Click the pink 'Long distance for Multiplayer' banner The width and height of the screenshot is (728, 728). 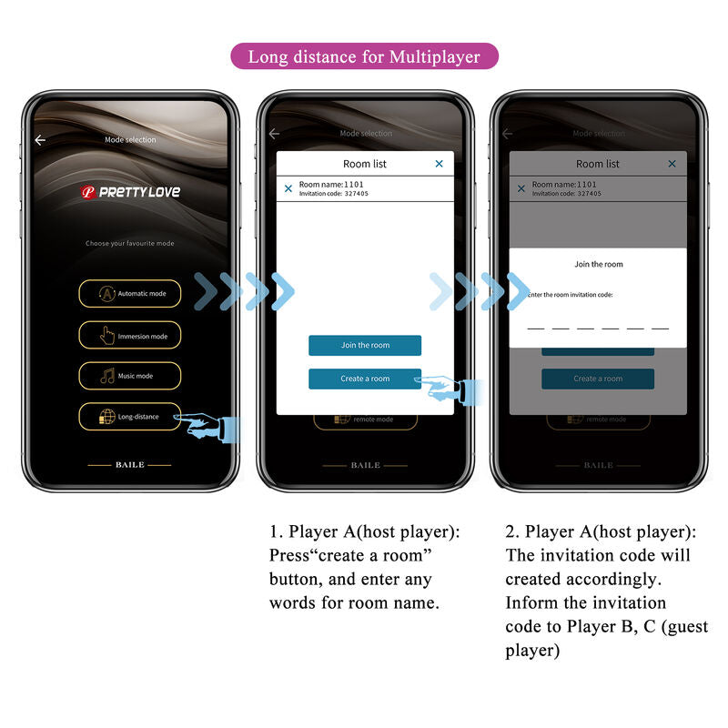pyautogui.click(x=364, y=56)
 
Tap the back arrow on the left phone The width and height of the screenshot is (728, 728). pyautogui.click(x=40, y=140)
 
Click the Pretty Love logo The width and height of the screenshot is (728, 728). pyautogui.click(x=130, y=192)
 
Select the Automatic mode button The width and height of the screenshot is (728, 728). pyautogui.click(x=129, y=294)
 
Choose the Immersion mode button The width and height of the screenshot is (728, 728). pyautogui.click(x=129, y=336)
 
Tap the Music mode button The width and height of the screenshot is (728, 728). pyautogui.click(x=129, y=376)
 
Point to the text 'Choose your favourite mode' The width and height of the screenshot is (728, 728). pyautogui.click(x=130, y=244)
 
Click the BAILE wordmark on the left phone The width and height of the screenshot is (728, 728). pyautogui.click(x=129, y=465)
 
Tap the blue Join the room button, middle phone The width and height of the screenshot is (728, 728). pyautogui.click(x=365, y=346)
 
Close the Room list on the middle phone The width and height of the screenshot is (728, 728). pyautogui.click(x=440, y=164)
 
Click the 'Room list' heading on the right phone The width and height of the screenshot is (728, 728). pyautogui.click(x=598, y=164)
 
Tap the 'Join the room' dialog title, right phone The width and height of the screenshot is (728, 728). pyautogui.click(x=599, y=265)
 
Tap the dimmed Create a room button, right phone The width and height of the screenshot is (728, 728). pyautogui.click(x=598, y=379)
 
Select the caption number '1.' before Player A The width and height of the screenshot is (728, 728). pyautogui.click(x=276, y=531)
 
